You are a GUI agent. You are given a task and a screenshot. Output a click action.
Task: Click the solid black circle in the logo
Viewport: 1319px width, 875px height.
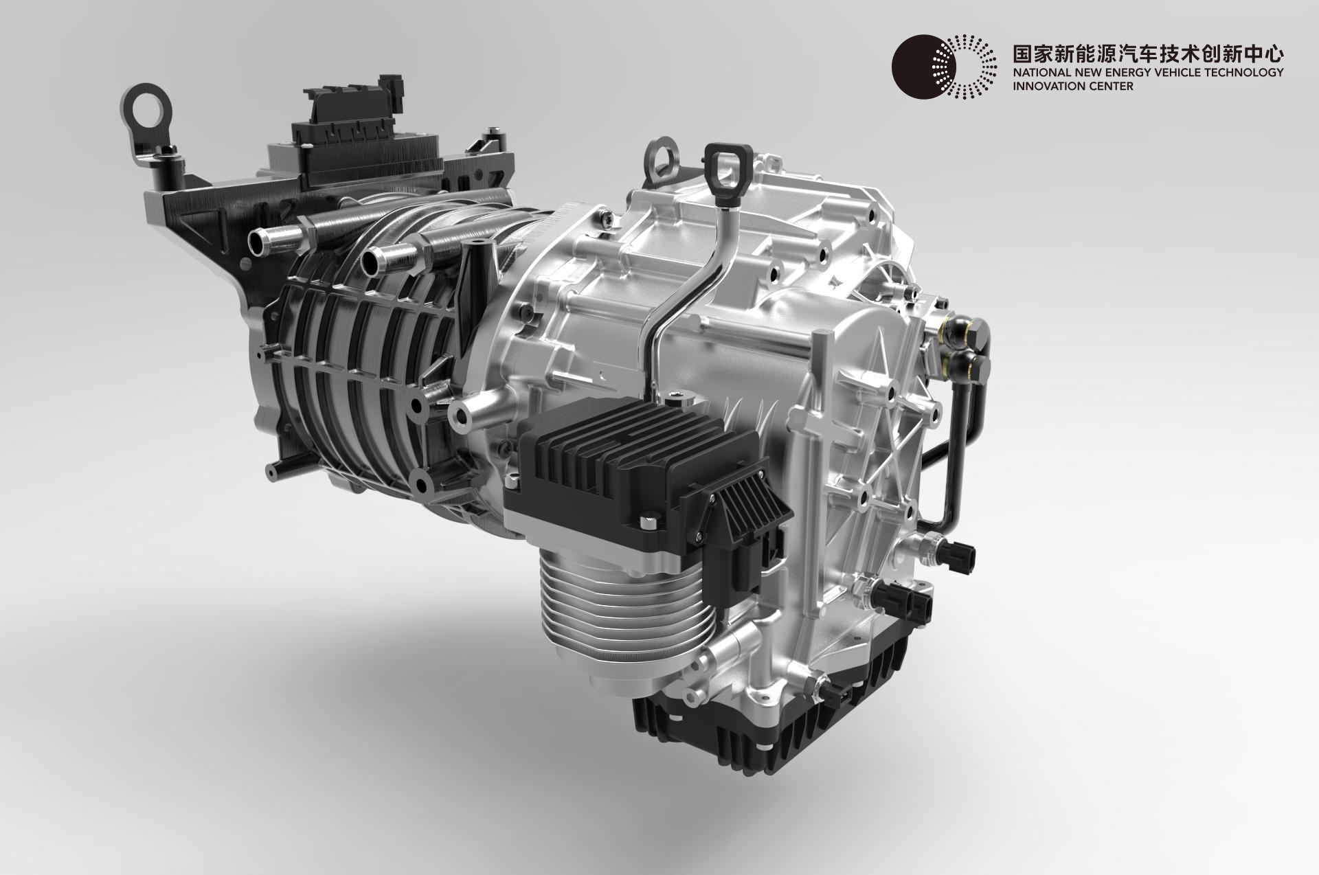(x=920, y=66)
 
